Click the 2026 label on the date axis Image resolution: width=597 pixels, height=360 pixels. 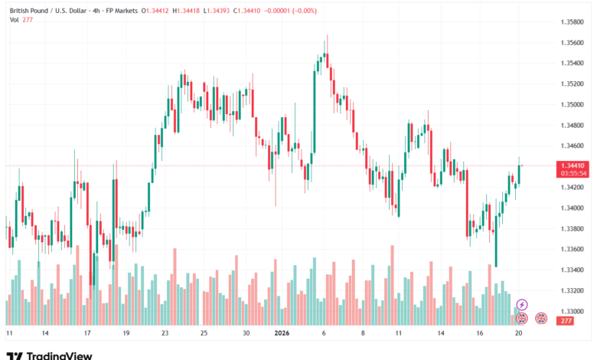[x=282, y=334]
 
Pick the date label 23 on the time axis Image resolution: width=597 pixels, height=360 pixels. [x=165, y=334]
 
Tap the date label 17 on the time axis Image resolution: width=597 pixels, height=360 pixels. [x=87, y=334]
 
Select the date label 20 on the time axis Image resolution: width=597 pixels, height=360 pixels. [x=518, y=334]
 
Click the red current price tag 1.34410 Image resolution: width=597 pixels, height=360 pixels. [x=573, y=165]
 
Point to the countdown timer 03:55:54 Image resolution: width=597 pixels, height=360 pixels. [x=573, y=173]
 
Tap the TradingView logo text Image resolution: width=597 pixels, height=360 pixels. [x=59, y=355]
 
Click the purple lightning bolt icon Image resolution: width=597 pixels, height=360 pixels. [x=522, y=305]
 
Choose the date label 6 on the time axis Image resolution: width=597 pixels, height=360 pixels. [x=325, y=334]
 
